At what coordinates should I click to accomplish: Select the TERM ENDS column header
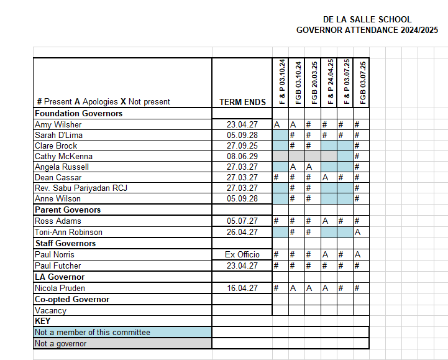(x=242, y=102)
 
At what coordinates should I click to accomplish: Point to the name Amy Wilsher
(x=58, y=124)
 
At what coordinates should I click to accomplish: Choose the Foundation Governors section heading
(x=78, y=114)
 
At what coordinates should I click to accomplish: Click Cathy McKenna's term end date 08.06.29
(x=242, y=156)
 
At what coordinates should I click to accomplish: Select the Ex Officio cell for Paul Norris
(x=242, y=254)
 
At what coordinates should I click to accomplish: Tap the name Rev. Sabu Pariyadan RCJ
(x=81, y=188)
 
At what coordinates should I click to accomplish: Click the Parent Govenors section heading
(x=67, y=210)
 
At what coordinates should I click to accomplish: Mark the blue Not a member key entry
(x=92, y=333)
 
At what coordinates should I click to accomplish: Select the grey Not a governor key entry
(x=60, y=343)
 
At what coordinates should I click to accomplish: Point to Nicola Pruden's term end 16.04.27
(x=242, y=288)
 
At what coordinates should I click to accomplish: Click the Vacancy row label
(x=50, y=310)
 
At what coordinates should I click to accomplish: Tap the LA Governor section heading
(x=60, y=277)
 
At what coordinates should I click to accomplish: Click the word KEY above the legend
(x=42, y=321)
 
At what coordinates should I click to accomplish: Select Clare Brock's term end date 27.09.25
(x=242, y=145)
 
